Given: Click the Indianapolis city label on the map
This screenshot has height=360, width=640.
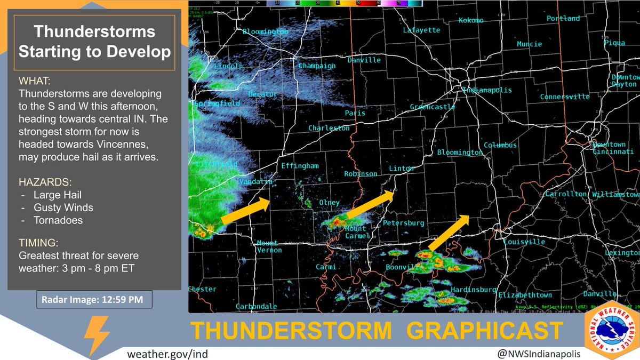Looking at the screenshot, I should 487,90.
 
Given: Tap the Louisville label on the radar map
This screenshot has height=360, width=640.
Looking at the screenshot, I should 524,242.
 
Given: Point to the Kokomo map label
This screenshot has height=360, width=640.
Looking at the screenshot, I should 471,21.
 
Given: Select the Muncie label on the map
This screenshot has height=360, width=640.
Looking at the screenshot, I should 529,44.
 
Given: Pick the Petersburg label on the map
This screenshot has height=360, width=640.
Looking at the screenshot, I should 404,222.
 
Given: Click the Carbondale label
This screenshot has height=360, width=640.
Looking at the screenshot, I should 259,306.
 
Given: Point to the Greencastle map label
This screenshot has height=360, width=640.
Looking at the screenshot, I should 433,107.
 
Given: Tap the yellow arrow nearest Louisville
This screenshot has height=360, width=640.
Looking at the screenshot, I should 448,233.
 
